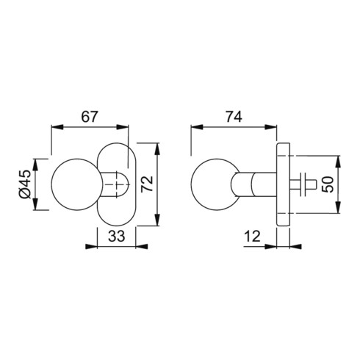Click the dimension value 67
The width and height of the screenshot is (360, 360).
pyautogui.click(x=90, y=116)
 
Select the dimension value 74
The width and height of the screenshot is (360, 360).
pyautogui.click(x=234, y=116)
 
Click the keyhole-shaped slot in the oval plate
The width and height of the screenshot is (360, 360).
pyautogui.click(x=117, y=184)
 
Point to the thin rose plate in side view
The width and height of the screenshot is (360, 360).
pyautogui.click(x=284, y=184)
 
